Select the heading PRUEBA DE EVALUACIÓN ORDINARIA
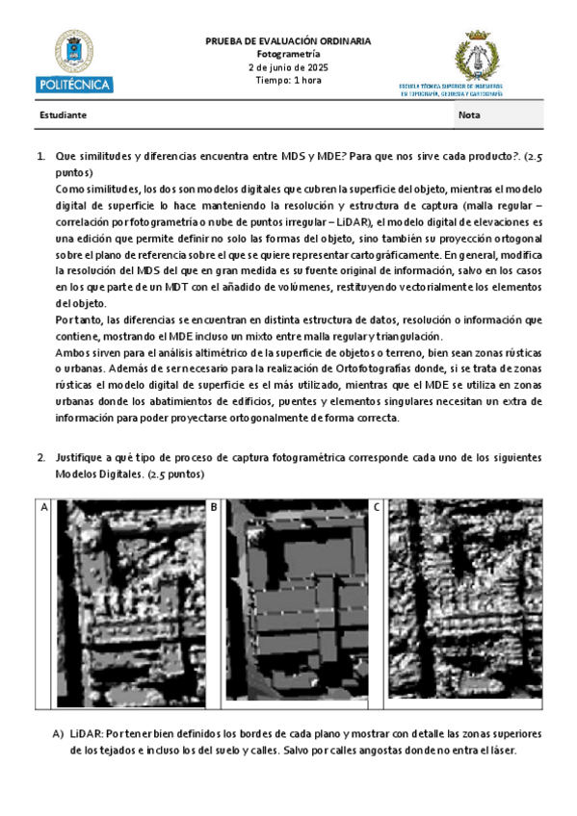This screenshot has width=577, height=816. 288,41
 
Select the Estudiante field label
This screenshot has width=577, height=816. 64,115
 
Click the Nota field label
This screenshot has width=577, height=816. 471,115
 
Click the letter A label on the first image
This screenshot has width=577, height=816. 43,506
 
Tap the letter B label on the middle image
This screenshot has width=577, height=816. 213,506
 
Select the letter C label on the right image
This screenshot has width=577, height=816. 376,506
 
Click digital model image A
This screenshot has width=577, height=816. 128,603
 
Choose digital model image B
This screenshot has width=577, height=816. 295,603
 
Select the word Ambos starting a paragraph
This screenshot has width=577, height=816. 71,353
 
